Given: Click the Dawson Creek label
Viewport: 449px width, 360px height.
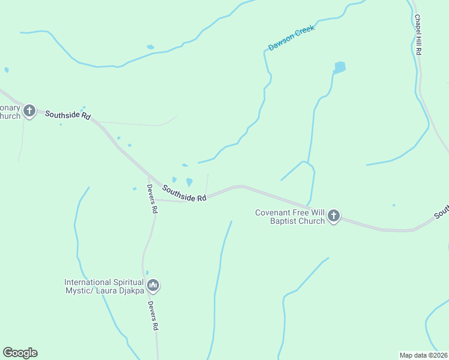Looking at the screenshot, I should click(x=291, y=37).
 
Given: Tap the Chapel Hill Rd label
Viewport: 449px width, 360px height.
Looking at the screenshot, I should click(x=417, y=35).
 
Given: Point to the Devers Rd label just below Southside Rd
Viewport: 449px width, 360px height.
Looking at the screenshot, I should click(x=152, y=199).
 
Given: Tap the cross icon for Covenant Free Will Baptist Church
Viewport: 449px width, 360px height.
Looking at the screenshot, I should click(x=334, y=216).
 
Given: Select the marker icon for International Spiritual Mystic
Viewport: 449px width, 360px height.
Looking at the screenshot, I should click(x=153, y=286).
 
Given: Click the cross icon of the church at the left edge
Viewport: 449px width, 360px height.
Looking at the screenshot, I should click(x=29, y=111).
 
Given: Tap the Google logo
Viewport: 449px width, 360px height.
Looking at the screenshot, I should click(x=20, y=353).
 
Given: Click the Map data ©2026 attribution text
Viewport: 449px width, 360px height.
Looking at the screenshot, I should click(x=423, y=355).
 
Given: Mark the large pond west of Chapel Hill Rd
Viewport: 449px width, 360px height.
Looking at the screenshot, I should click(x=340, y=67).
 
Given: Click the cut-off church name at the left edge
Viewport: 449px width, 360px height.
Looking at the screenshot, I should click(x=10, y=112).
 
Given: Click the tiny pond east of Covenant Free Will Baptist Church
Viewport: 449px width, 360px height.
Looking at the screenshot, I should click(x=394, y=205).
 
